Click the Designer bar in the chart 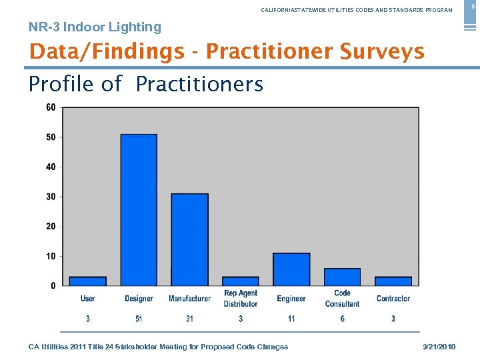[x=139, y=210]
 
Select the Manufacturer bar [x=190, y=239]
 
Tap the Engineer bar [x=291, y=269]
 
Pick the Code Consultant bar [x=342, y=277]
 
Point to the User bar [x=88, y=281]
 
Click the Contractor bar [x=393, y=281]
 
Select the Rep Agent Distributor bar [x=241, y=281]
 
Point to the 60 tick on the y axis [x=51, y=107]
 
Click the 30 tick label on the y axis [x=51, y=197]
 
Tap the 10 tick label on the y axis [x=51, y=256]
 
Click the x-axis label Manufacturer [x=189, y=299]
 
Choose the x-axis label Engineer [x=291, y=299]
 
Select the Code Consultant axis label [x=342, y=299]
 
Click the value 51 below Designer [x=139, y=319]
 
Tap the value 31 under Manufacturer [x=190, y=319]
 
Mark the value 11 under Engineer [x=291, y=319]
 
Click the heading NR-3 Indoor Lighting [x=95, y=27]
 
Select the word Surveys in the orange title [x=381, y=51]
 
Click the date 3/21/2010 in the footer [x=439, y=347]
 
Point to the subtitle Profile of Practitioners [x=145, y=85]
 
